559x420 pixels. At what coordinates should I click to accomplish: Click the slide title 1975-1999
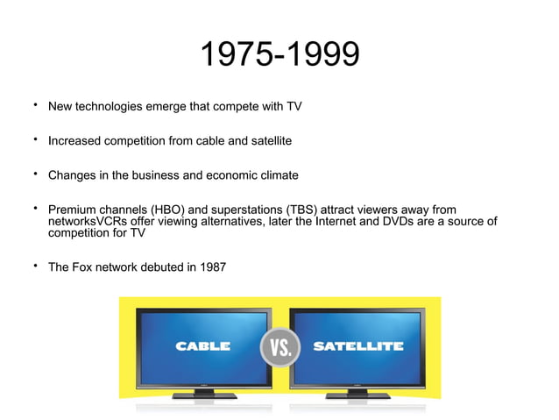tap(279, 55)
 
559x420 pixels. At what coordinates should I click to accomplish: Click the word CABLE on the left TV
tap(203, 346)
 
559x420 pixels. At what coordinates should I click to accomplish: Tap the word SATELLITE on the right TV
tap(358, 346)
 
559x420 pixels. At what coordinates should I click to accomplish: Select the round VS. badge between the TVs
tap(280, 347)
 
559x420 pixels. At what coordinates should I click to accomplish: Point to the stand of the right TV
tap(357, 394)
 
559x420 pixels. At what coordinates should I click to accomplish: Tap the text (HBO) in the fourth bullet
tap(171, 210)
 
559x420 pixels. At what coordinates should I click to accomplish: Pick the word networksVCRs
tap(88, 222)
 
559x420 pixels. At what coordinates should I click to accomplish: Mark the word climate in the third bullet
tap(276, 174)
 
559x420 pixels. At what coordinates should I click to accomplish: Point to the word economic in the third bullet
tap(230, 174)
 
